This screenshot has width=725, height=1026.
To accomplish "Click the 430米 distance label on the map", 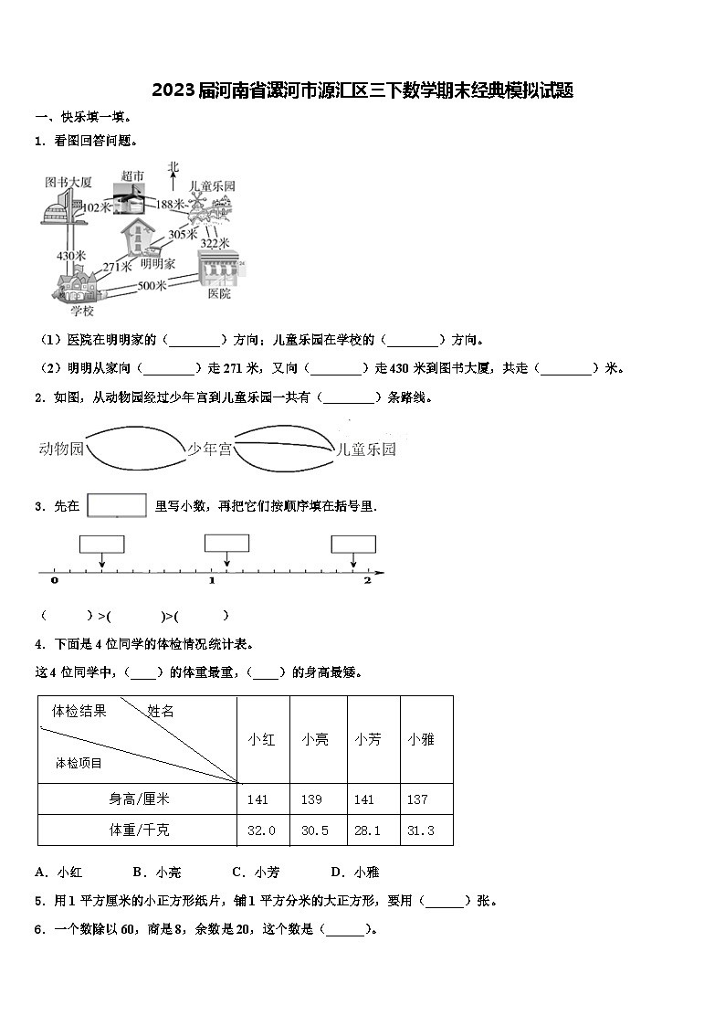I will [71, 256].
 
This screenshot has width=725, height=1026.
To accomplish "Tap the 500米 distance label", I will [152, 285].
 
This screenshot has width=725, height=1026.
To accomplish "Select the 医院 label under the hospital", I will [219, 294].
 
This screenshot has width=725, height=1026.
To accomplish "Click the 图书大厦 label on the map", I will [68, 182].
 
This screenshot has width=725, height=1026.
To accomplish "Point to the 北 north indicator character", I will [173, 166].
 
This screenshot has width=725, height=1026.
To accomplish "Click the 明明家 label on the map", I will [158, 263].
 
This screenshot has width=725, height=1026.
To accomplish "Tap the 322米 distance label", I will [214, 243].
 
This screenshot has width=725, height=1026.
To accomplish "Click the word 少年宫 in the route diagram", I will [210, 449].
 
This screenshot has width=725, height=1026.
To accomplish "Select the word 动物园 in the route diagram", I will [61, 449].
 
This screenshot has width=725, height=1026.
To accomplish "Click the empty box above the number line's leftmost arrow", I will [101, 545].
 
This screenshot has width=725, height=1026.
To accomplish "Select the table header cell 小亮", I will [316, 739].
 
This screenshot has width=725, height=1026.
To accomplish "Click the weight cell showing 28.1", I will [368, 830].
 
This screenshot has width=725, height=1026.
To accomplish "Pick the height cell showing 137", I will [417, 799].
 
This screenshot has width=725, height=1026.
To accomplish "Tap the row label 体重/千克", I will [139, 830].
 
